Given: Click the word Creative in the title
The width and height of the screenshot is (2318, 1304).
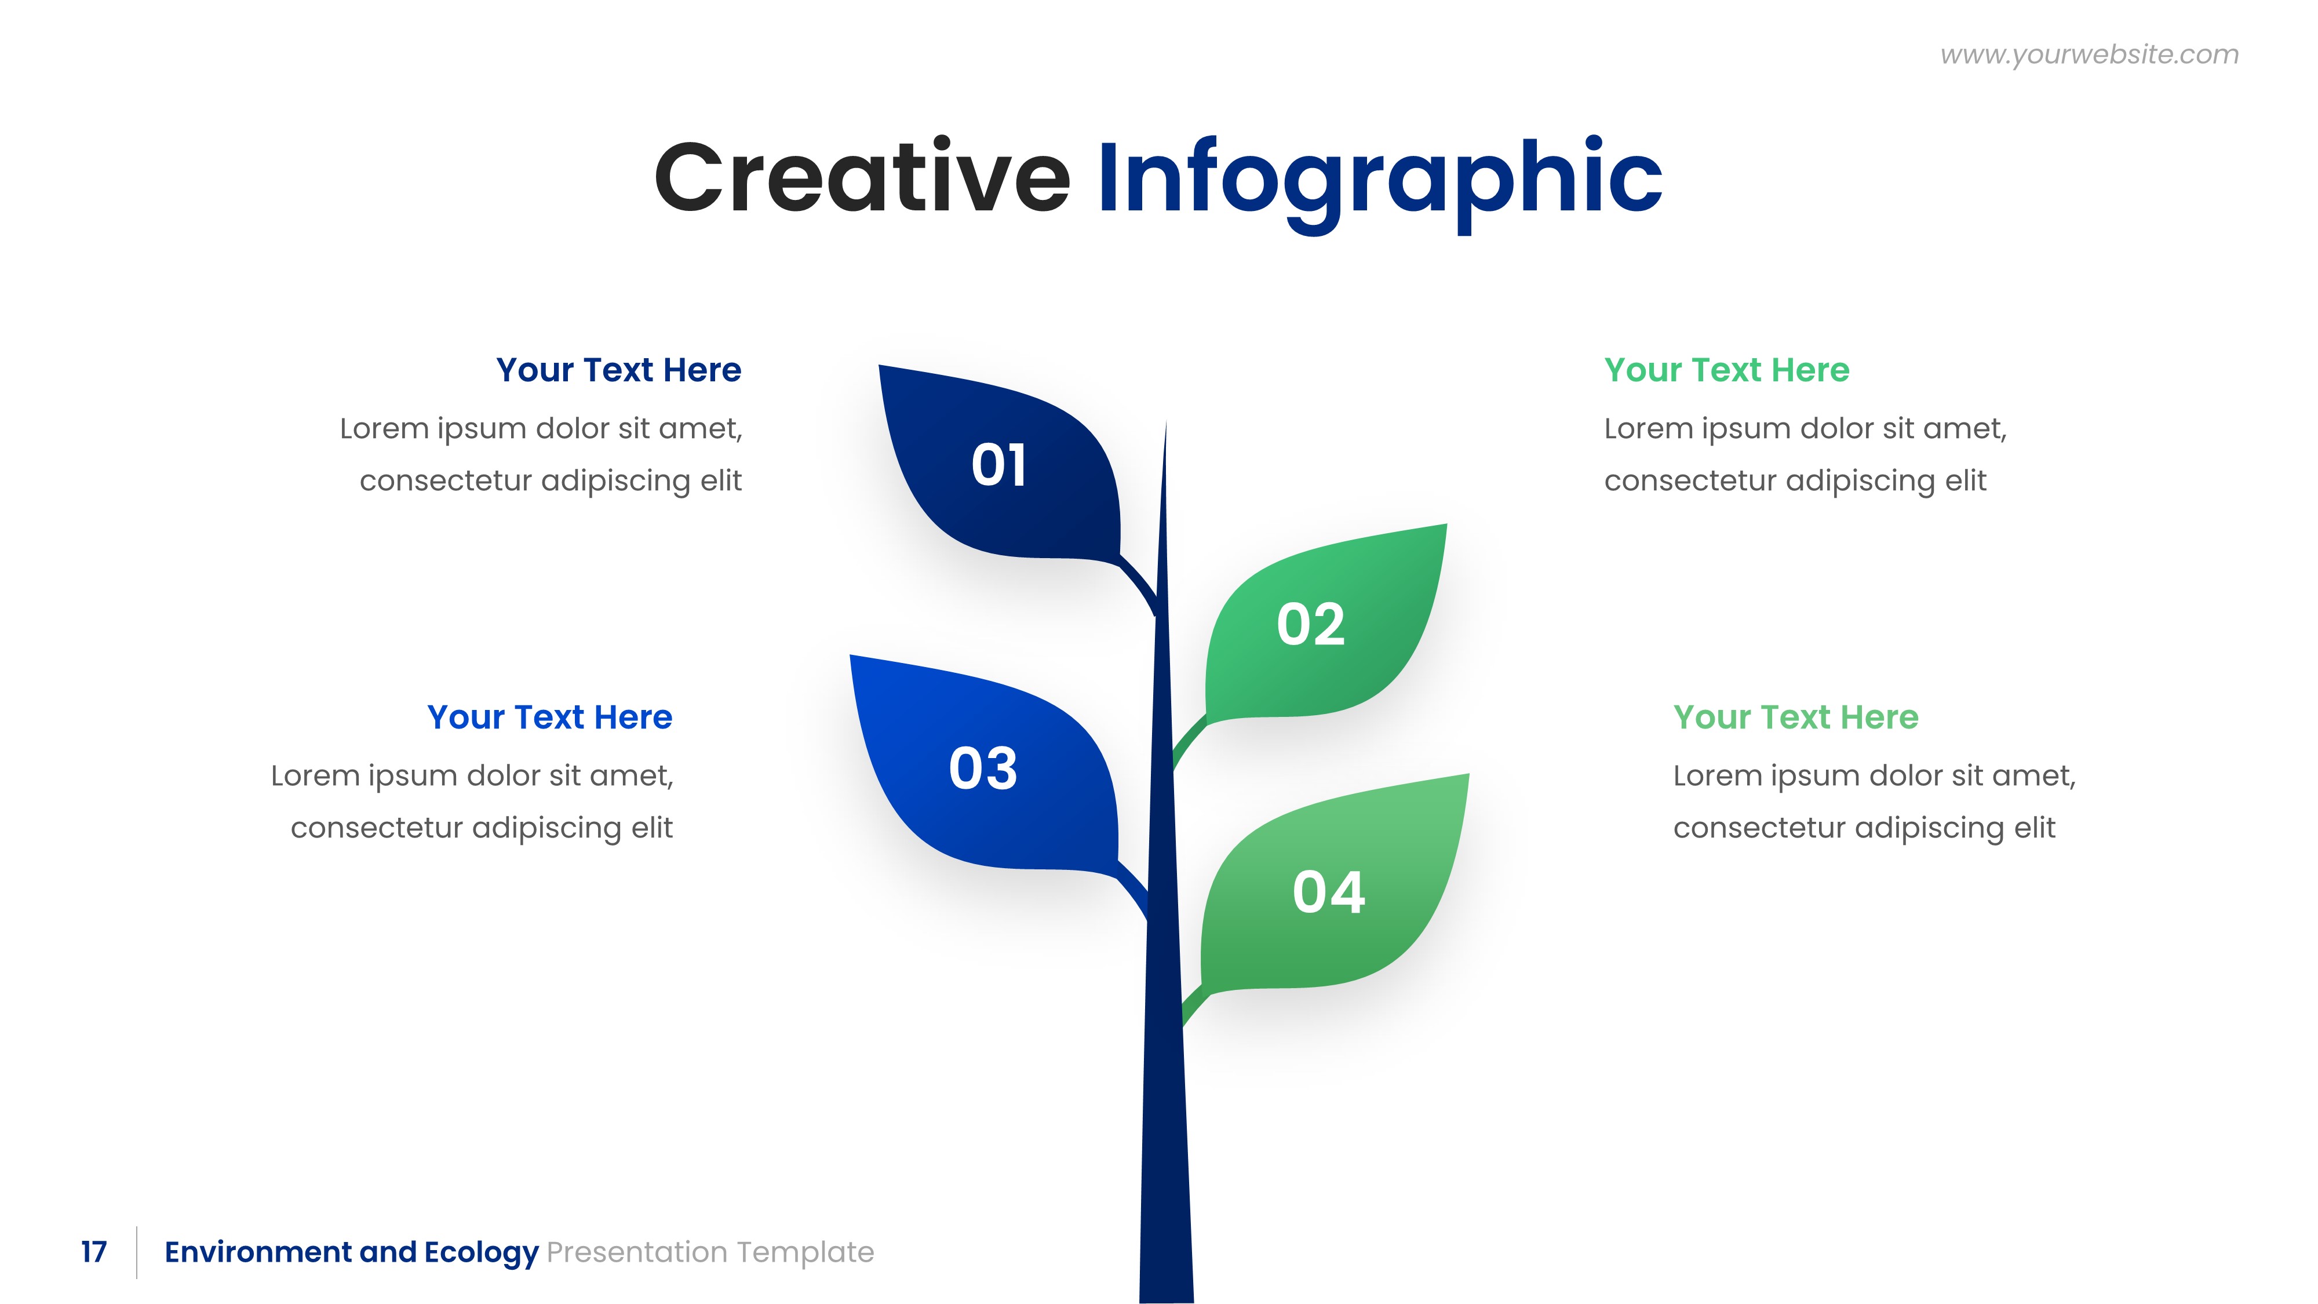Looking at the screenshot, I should (x=862, y=177).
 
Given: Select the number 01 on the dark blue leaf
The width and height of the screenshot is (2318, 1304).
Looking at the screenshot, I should (x=999, y=465).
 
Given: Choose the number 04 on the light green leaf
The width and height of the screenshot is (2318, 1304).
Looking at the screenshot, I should (x=1328, y=892).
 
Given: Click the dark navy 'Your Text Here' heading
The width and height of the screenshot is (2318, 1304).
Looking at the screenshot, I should (x=618, y=370).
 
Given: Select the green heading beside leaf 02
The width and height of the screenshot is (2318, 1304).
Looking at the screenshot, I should (x=1726, y=370).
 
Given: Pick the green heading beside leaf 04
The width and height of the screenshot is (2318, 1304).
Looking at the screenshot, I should (x=1795, y=717).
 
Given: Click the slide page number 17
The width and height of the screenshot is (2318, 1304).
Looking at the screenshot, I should (x=93, y=1252).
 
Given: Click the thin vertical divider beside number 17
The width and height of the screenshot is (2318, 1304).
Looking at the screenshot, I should (x=137, y=1252).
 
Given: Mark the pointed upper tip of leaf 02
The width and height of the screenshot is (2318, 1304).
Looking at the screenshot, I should (x=1444, y=526).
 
